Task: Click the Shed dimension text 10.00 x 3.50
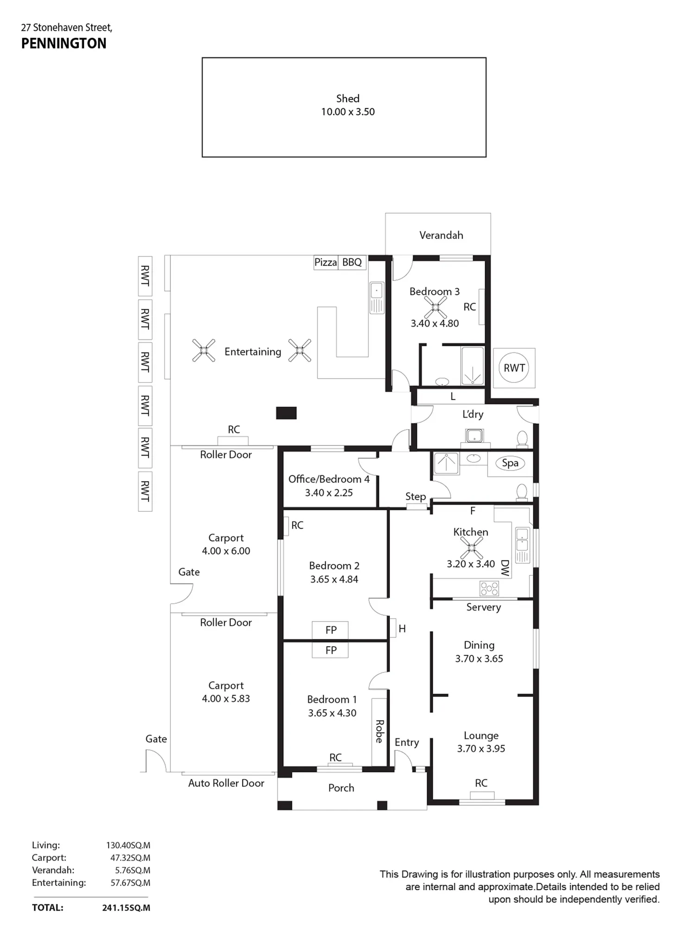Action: pyautogui.click(x=348, y=112)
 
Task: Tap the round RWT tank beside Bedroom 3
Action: pyautogui.click(x=514, y=368)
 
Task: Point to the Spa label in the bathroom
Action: pyautogui.click(x=510, y=463)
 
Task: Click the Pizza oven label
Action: pyautogui.click(x=325, y=262)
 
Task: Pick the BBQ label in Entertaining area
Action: pyautogui.click(x=352, y=262)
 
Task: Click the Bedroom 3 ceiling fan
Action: pyautogui.click(x=436, y=307)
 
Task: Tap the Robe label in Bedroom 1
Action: pyautogui.click(x=379, y=732)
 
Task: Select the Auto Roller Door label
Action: pyautogui.click(x=226, y=783)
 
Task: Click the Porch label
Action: pyautogui.click(x=341, y=788)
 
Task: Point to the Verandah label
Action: pyautogui.click(x=441, y=236)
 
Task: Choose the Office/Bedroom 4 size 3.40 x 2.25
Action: pyautogui.click(x=329, y=493)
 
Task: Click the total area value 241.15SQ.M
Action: pyautogui.click(x=126, y=908)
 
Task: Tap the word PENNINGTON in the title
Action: pyautogui.click(x=64, y=44)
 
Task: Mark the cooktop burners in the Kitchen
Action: pyautogui.click(x=489, y=588)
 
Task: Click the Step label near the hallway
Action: pyautogui.click(x=416, y=497)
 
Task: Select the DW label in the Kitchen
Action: pyautogui.click(x=505, y=568)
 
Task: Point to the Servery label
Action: pyautogui.click(x=484, y=607)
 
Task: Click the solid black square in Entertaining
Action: pyautogui.click(x=286, y=413)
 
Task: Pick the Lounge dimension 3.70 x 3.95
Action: pyautogui.click(x=481, y=748)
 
